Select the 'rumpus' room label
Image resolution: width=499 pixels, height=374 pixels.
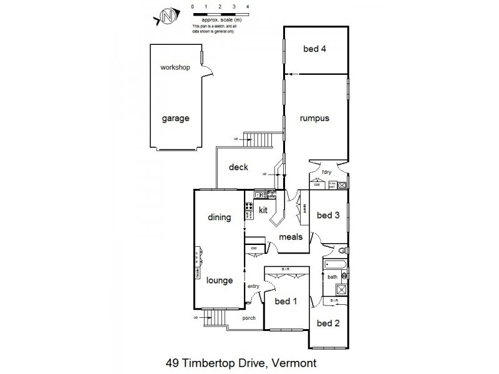point(314,118)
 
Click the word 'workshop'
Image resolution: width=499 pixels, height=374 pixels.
point(175,67)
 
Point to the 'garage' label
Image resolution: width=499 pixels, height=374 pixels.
point(175,118)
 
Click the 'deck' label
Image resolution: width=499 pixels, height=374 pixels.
point(238,167)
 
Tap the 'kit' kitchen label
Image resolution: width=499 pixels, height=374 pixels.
point(263,211)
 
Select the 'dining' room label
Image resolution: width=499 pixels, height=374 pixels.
point(220,218)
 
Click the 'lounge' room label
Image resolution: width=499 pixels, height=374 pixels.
point(220,280)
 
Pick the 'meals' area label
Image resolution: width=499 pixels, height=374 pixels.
point(291,237)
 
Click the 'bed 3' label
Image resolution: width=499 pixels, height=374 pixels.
point(328,216)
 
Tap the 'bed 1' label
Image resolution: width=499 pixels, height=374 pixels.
point(285,302)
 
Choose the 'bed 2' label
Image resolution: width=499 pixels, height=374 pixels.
point(327,323)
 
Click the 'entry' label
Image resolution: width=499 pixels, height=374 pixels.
point(253,286)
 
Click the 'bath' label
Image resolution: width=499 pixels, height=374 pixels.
point(332,277)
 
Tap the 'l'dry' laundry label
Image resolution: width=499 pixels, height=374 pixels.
point(326,172)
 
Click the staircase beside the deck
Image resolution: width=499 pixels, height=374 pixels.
point(258,139)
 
